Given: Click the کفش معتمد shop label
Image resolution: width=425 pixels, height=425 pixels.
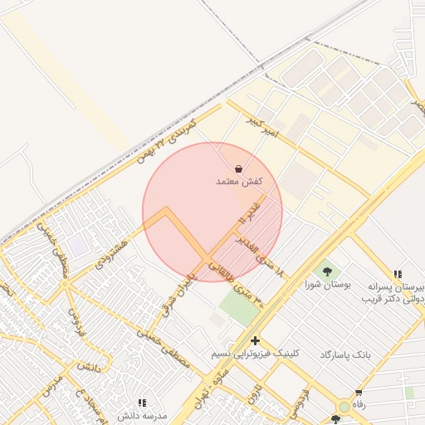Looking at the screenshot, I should (239, 181).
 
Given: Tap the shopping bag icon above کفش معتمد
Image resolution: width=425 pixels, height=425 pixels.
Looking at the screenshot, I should (239, 169).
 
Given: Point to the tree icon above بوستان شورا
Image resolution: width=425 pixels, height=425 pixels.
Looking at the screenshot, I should (326, 271).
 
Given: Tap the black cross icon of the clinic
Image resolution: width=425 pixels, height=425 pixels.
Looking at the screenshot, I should (255, 340).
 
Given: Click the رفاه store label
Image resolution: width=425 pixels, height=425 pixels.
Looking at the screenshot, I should (358, 404).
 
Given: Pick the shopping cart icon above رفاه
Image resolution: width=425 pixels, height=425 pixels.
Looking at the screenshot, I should (358, 393).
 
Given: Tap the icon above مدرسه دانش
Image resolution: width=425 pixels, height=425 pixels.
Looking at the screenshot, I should (142, 403).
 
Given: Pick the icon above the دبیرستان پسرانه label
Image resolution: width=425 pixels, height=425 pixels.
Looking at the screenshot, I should (398, 274).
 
